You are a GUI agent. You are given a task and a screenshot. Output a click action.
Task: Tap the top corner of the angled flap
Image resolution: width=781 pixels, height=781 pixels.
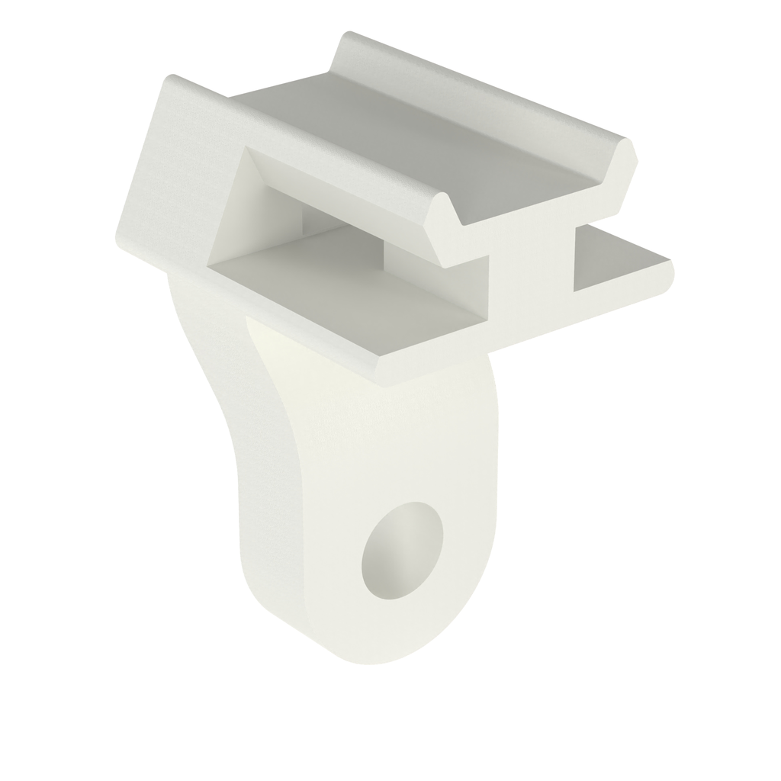coord(171,79)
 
